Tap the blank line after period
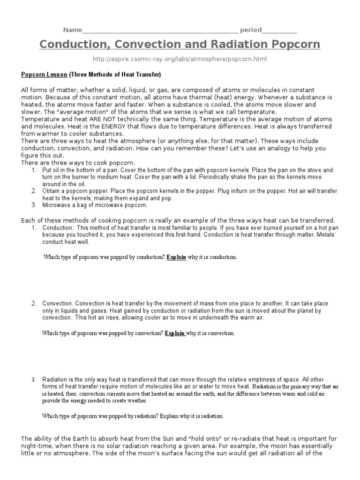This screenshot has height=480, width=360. coord(279,31)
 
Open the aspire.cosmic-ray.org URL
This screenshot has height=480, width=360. coord(180,60)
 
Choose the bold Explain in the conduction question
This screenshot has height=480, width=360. coord(176,257)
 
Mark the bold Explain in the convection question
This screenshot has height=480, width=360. coord(175,333)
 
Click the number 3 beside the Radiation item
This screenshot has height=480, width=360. coord(34,379)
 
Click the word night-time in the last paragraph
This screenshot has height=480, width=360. coord(38,446)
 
